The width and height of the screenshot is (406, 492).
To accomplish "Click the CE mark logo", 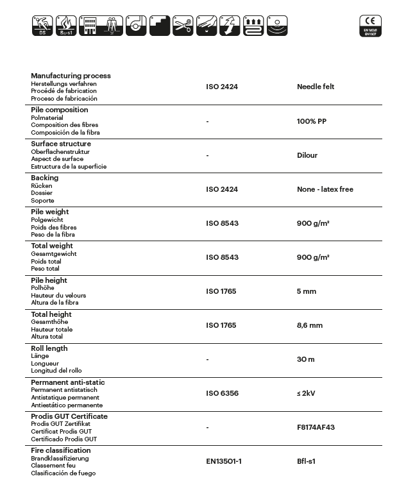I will click(370, 26).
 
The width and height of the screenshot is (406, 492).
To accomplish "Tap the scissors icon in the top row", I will click(183, 26).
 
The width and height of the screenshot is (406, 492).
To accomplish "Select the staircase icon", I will click(160, 26).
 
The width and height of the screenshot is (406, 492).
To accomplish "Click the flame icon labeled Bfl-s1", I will click(66, 26).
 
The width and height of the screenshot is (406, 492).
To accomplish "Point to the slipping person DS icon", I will click(42, 26).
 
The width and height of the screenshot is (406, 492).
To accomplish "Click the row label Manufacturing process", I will click(71, 76).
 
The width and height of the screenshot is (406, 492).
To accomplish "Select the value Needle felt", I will click(316, 87).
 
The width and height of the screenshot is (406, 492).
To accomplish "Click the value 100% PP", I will click(312, 121).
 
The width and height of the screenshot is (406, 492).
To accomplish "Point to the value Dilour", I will click(307, 155).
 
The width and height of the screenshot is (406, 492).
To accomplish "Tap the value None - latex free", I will click(325, 189).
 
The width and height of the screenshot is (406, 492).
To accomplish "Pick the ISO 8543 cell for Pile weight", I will click(222, 223).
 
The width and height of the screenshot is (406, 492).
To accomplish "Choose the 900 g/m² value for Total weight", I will click(313, 257).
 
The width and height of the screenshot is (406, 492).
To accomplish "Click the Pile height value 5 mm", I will click(307, 291).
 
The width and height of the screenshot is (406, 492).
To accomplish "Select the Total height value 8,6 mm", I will click(310, 325).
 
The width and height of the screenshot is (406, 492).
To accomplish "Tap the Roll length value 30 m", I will click(306, 359).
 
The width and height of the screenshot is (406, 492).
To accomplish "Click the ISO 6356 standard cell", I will click(221, 393).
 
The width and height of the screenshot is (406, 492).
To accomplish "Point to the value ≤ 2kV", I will click(306, 393).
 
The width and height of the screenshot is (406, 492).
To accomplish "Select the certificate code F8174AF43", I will click(316, 427).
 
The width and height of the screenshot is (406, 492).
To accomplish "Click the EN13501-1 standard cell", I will click(224, 461).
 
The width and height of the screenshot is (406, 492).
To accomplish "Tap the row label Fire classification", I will click(61, 450).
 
